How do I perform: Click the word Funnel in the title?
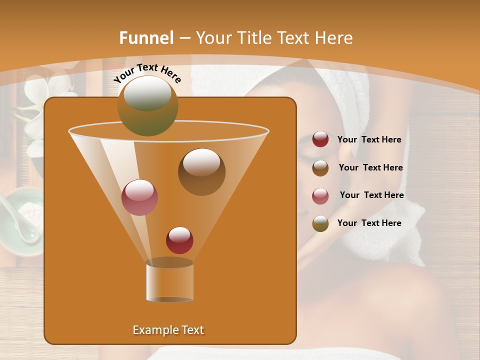point(146,38)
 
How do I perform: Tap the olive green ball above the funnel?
point(148,105)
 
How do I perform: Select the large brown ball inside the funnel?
point(201,171)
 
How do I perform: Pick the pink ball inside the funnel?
point(140,197)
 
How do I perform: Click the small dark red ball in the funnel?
point(180,240)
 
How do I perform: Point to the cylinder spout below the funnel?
point(169,281)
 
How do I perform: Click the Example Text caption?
point(168,330)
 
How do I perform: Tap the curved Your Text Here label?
point(147,73)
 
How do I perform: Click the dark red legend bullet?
point(320,139)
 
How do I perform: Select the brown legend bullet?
point(320,167)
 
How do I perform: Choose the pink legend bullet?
point(320,195)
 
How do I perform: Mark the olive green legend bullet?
point(320,223)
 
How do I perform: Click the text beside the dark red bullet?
point(369,140)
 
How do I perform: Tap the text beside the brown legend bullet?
point(370,167)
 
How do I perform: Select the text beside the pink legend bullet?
point(371,195)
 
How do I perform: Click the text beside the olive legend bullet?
point(369,223)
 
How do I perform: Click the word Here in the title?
point(334,38)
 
